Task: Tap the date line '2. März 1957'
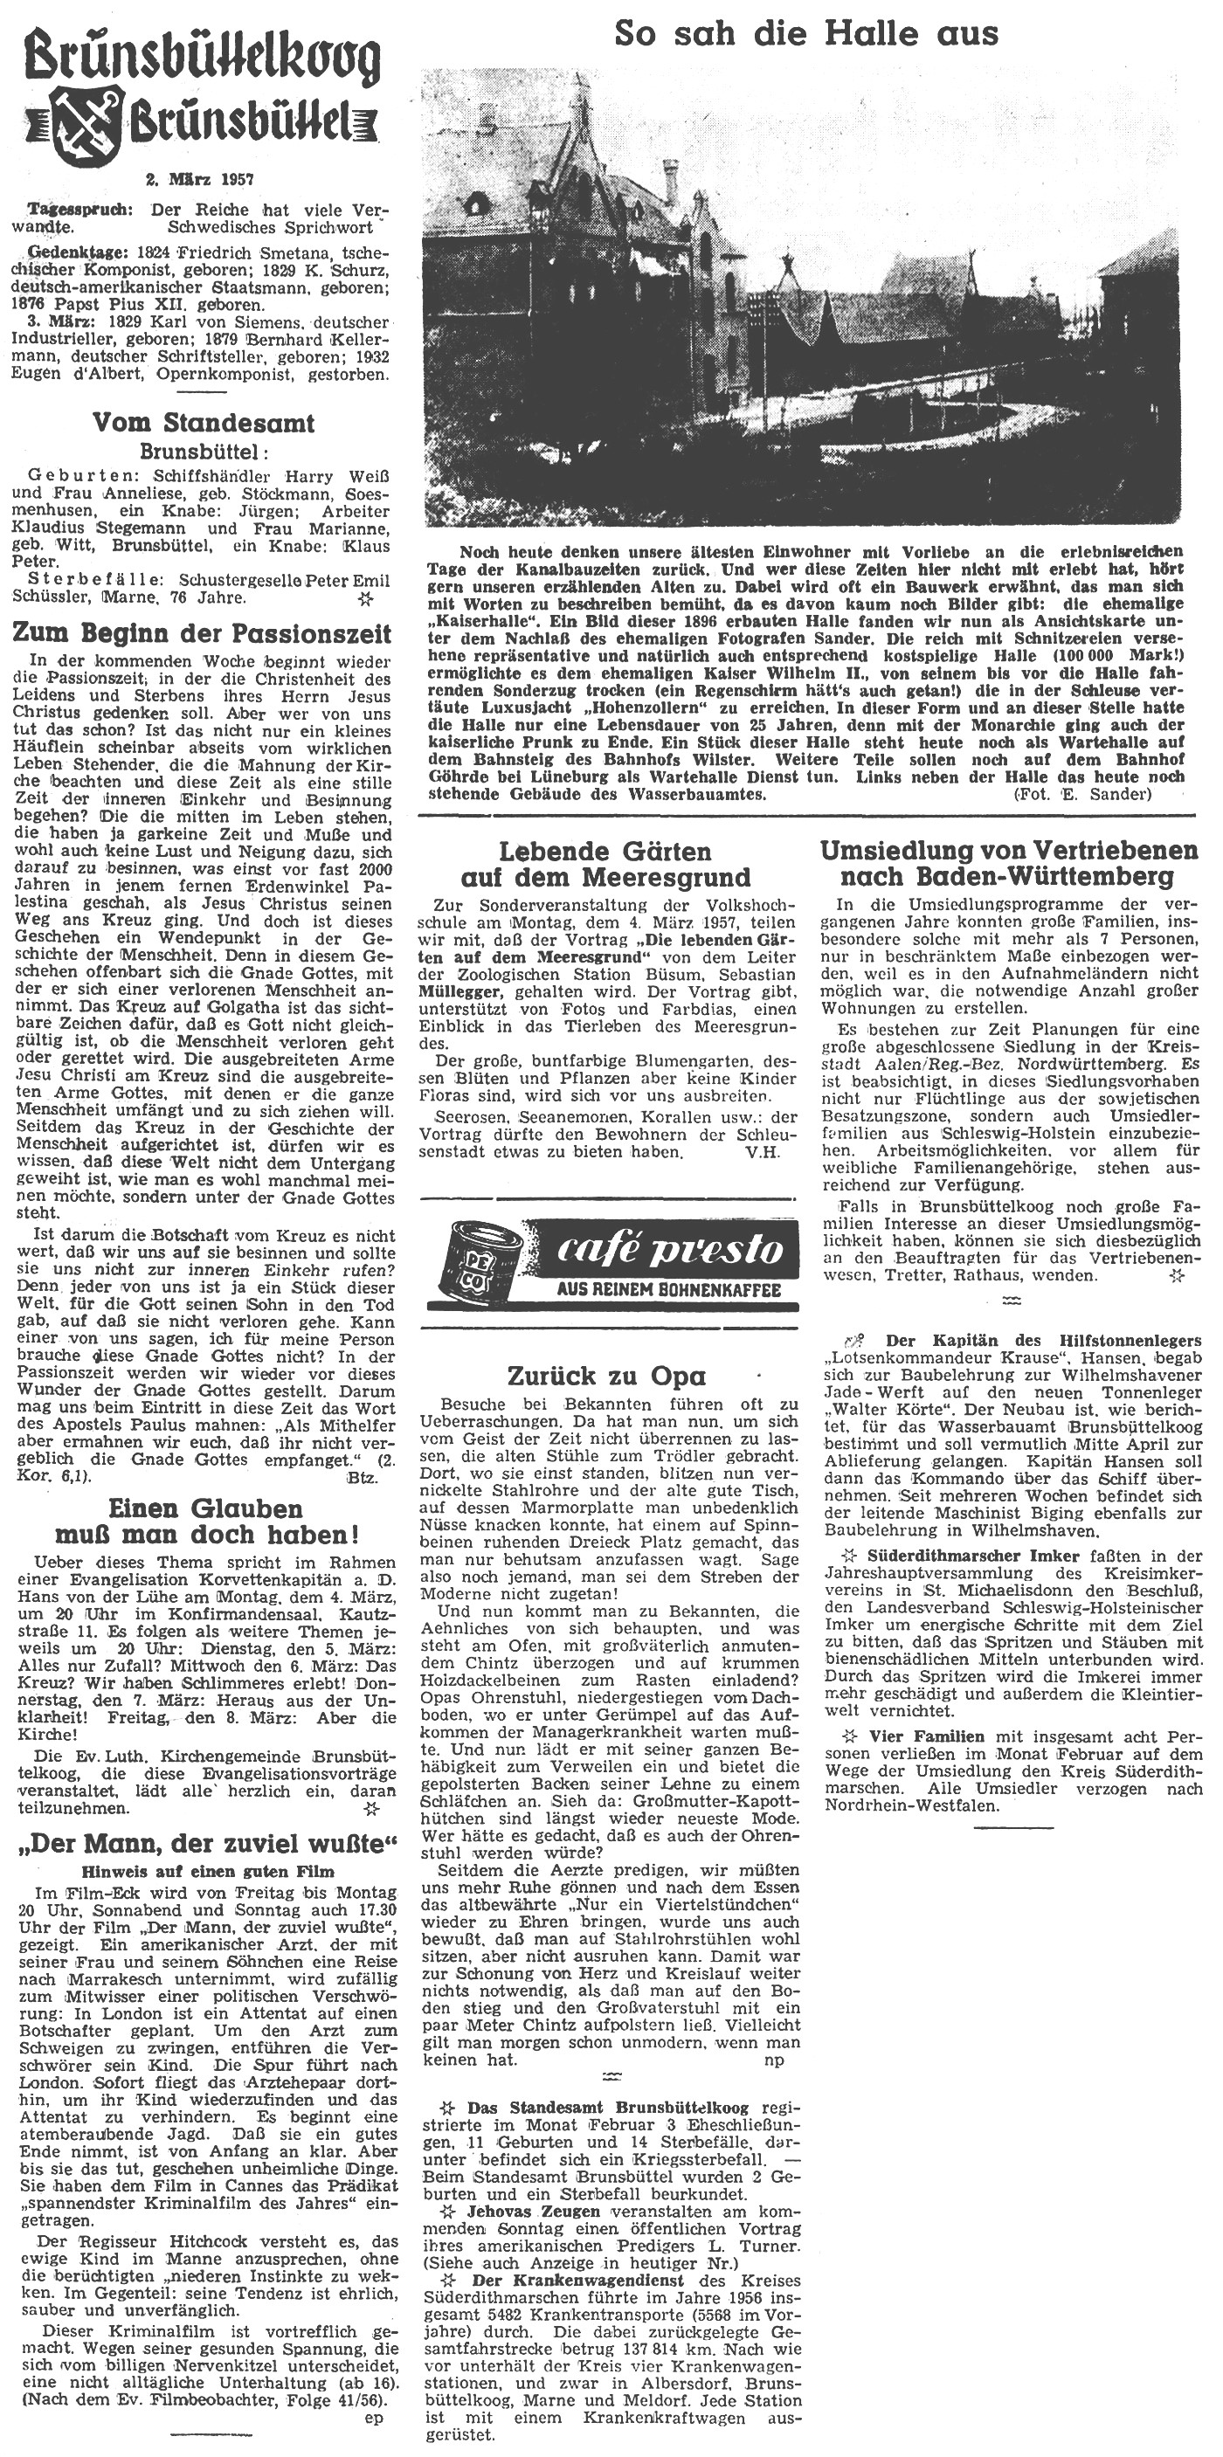coord(204,178)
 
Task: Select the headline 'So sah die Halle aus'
coord(805,34)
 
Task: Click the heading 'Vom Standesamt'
coord(204,423)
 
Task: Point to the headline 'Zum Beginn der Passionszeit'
coord(204,634)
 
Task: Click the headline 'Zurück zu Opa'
coord(607,1377)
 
